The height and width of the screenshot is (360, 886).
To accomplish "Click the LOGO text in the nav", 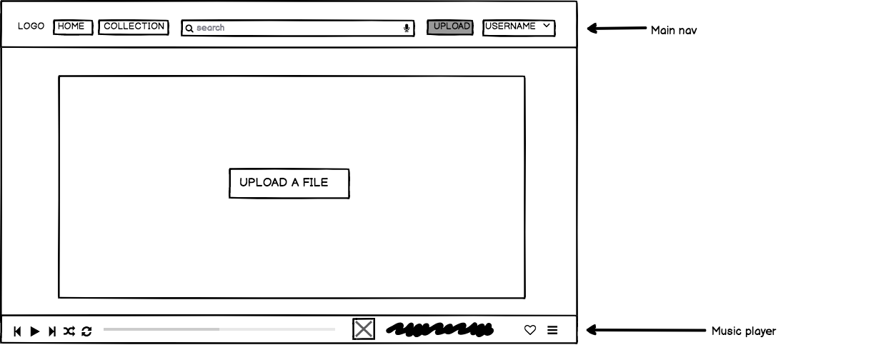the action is click(x=31, y=26).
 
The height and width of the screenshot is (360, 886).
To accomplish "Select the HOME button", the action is click(x=72, y=27).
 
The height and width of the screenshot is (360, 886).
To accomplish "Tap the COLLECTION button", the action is click(x=134, y=27).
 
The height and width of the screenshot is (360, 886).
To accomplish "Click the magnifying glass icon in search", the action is click(x=189, y=29).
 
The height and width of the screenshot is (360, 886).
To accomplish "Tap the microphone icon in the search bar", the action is click(x=407, y=29).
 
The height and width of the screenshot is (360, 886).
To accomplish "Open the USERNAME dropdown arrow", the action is click(x=547, y=26).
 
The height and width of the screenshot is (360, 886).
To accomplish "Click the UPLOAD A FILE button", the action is click(x=289, y=183).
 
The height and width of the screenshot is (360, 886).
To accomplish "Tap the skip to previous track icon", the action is click(x=17, y=331).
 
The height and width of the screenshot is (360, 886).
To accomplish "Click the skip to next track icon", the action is click(x=52, y=331).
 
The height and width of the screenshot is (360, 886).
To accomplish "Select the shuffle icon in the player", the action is click(x=69, y=331).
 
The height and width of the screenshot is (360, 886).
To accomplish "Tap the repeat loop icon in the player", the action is click(x=86, y=331).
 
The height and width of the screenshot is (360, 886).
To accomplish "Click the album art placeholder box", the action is click(x=364, y=329).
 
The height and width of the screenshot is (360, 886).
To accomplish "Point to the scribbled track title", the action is click(x=439, y=330).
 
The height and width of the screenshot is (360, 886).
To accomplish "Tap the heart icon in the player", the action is click(x=530, y=330).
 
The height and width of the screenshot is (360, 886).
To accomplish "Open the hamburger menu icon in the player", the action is click(x=552, y=330).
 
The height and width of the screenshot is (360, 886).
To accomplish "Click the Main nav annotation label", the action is click(x=673, y=31).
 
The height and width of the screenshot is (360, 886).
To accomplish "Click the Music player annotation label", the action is click(x=743, y=331).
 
